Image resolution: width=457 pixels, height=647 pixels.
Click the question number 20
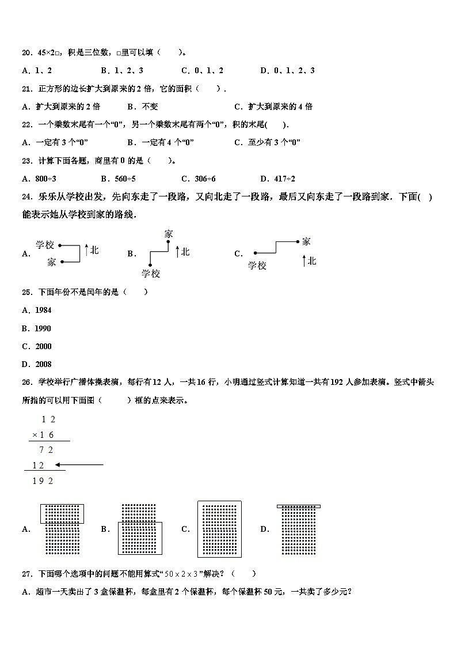tap(26, 52)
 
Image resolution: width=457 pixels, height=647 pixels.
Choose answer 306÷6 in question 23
tap(202, 179)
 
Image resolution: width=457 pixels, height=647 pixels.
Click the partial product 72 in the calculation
tap(46, 450)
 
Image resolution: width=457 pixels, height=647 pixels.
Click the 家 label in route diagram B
tap(168, 234)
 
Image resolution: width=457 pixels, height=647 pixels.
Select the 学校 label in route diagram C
tap(257, 265)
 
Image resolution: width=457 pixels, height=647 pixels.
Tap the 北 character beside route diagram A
tap(94, 250)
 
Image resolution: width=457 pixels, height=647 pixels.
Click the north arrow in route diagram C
tap(304, 261)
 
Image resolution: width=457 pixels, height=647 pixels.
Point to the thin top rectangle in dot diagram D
tap(298, 506)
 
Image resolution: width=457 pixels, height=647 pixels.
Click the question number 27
tap(26, 573)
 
